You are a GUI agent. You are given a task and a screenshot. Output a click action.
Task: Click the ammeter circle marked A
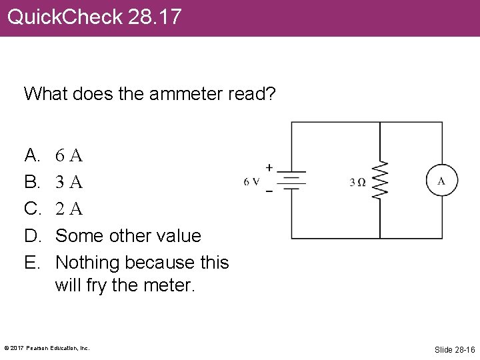click(x=442, y=180)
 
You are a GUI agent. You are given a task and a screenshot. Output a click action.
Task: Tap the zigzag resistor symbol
click(x=379, y=180)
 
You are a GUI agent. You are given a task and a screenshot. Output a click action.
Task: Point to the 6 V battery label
click(x=252, y=181)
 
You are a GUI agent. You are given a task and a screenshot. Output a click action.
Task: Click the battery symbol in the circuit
click(x=291, y=180)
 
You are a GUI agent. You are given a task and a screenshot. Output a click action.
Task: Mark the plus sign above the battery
click(x=269, y=167)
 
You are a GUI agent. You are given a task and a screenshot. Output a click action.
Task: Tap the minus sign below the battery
click(x=269, y=192)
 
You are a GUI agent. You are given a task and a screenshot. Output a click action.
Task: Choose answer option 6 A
click(x=69, y=156)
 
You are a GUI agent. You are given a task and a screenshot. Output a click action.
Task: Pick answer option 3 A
click(x=69, y=182)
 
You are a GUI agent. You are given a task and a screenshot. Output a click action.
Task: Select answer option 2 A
click(x=69, y=209)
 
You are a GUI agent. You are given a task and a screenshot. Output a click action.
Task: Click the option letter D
click(x=31, y=235)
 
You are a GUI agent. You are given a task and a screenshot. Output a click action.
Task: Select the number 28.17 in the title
click(x=155, y=17)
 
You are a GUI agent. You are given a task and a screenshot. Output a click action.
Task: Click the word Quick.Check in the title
click(x=65, y=17)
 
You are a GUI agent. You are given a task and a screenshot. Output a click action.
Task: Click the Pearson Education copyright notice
click(x=47, y=348)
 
